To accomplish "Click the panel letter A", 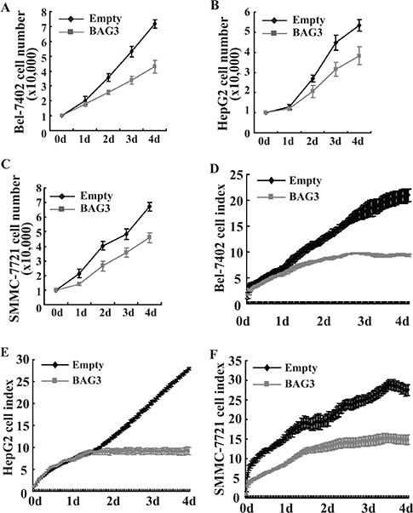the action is tap(4, 7).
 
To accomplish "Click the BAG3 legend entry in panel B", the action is tap(292, 32).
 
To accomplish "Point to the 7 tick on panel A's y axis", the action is tap(43, 27).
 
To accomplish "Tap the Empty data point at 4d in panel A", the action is tap(155, 24).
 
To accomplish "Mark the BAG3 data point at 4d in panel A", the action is tap(155, 66).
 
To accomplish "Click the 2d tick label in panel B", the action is tap(313, 141).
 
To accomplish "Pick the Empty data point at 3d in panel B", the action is tap(336, 43).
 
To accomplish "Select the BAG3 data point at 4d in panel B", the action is tap(359, 55).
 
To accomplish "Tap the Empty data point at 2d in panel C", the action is tap(103, 246).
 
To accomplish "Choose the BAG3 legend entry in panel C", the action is tap(81, 208).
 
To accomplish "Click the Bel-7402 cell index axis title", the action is tap(220, 238).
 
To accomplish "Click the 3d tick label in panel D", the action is tap(364, 322).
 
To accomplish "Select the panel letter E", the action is tap(4, 352).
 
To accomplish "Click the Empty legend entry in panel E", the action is tap(72, 364).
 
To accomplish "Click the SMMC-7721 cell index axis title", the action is tap(219, 433).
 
